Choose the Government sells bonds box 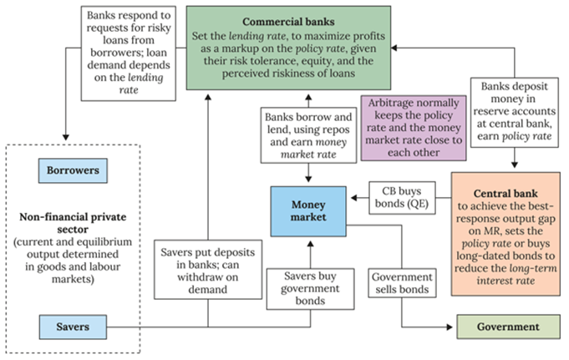tap(402, 283)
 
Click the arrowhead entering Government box tap(453, 327)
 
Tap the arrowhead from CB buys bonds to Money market tap(350, 197)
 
